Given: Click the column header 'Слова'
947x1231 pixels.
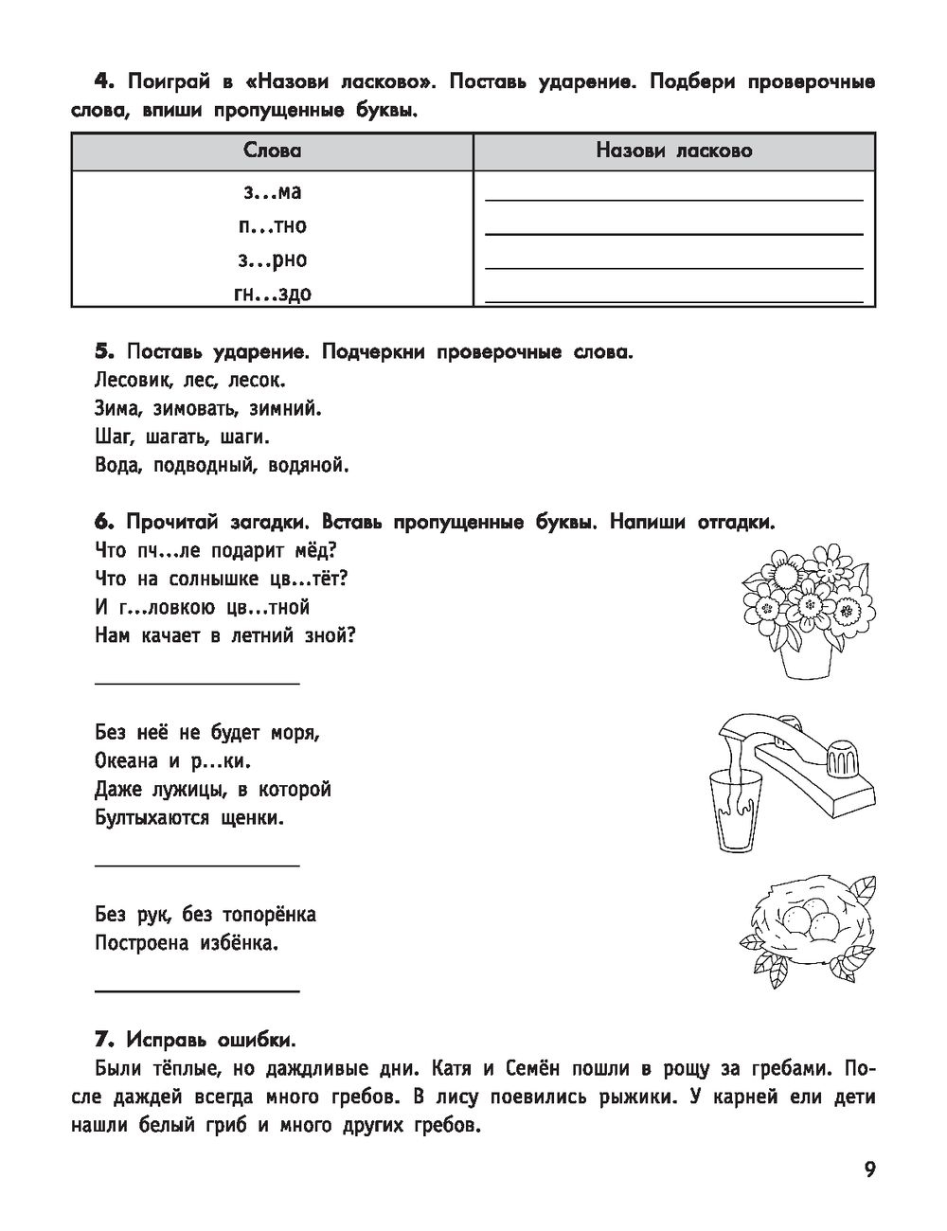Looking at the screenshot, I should [x=273, y=151].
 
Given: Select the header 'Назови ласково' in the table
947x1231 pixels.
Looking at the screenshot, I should [x=673, y=151].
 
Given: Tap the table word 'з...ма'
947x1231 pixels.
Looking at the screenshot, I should [x=273, y=191].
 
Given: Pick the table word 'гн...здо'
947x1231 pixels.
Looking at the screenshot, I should [x=273, y=293].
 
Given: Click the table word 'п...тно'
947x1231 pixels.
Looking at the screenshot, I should [x=273, y=225].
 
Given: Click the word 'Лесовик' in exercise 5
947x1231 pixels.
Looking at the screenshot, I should [x=130, y=381].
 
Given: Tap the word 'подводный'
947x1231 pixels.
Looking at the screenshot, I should [x=210, y=465].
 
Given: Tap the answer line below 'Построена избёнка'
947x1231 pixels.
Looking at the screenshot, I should [x=198, y=990].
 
